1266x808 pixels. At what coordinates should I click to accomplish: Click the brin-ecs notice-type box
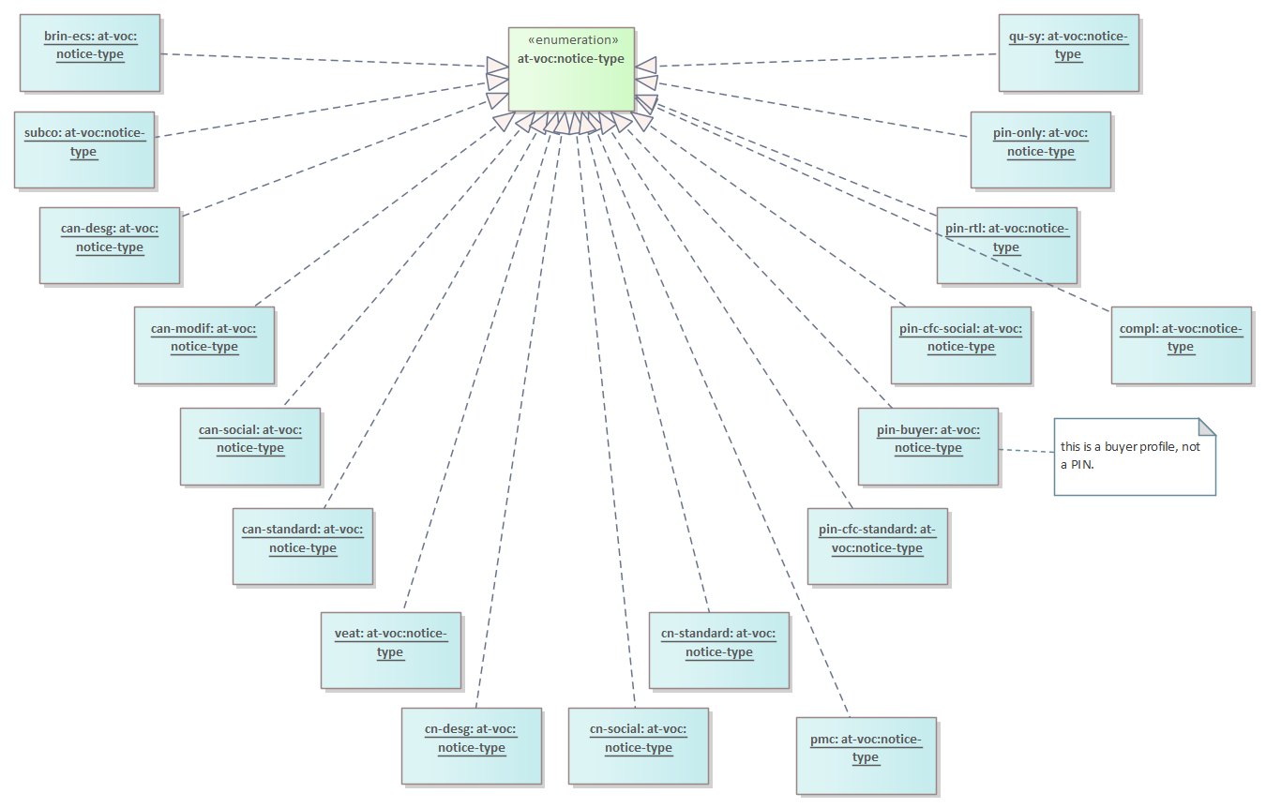coord(90,52)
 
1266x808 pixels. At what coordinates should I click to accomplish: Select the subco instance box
coord(84,149)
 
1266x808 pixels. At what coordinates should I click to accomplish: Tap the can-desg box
coord(110,245)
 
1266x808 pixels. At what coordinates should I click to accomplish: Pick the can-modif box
coord(204,345)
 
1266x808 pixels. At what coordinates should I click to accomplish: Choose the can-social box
coord(250,446)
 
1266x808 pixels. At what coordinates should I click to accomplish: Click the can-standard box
coord(303,546)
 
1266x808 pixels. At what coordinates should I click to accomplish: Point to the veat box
coord(391,651)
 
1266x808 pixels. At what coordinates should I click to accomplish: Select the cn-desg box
coord(472,745)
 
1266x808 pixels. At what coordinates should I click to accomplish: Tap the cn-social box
coord(639,745)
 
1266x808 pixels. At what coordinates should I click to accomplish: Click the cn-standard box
coord(719,651)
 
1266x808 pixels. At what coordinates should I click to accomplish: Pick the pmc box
coord(867,756)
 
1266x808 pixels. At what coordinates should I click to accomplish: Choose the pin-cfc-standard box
coord(878,546)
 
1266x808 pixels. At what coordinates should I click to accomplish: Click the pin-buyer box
coord(928,446)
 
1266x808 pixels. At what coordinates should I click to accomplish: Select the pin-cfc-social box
coord(961,345)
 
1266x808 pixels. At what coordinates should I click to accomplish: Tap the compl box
coord(1182,345)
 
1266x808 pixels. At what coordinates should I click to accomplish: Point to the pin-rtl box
coord(1007,245)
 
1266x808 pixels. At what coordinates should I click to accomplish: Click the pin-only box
coord(1041,149)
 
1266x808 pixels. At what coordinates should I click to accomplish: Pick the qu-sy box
coord(1069,52)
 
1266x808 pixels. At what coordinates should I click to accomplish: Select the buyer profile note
coord(1135,456)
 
